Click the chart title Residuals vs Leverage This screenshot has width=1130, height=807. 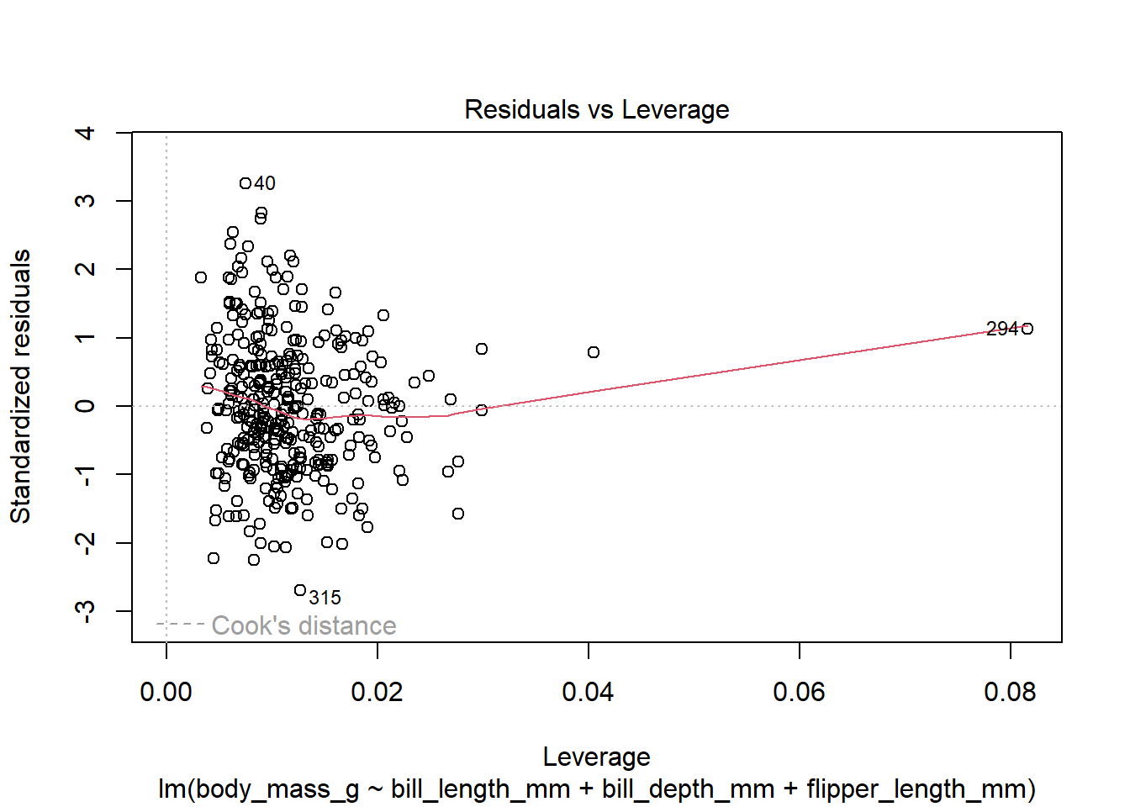click(596, 110)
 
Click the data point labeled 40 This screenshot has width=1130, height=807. click(246, 183)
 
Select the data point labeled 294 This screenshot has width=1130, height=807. click(1027, 329)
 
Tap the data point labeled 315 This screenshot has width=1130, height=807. click(300, 590)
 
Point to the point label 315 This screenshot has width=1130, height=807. click(325, 598)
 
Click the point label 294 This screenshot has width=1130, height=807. click(1002, 329)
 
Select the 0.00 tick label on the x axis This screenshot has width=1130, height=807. click(166, 692)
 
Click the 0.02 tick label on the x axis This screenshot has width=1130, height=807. click(378, 692)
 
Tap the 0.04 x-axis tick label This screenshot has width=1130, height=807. click(589, 692)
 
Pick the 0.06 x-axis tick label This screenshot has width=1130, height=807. click(799, 692)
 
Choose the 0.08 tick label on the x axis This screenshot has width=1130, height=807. click(1010, 692)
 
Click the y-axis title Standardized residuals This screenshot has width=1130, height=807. click(21, 387)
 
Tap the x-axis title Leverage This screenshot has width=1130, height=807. click(596, 757)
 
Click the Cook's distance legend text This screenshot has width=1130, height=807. click(304, 625)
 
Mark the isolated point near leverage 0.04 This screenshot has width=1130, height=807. click(594, 352)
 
